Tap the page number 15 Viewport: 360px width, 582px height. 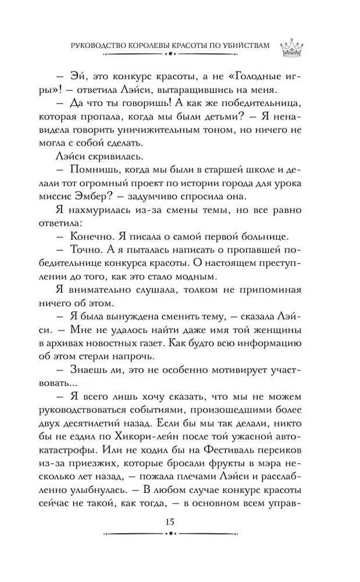point(169,521)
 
